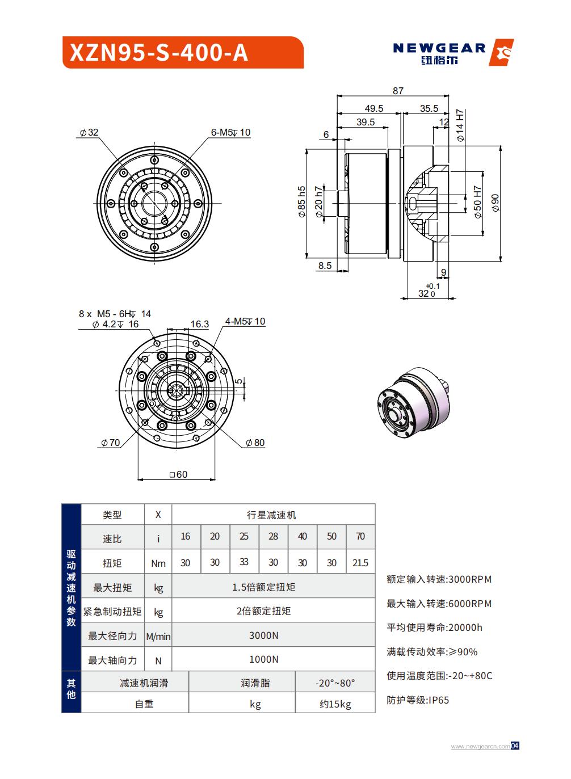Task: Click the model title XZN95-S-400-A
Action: (159, 53)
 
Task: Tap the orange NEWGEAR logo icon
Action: (501, 53)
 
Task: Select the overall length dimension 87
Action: (398, 91)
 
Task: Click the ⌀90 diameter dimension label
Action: (495, 203)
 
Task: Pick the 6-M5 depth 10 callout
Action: (230, 132)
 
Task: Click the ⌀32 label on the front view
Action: (89, 133)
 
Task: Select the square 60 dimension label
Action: (178, 474)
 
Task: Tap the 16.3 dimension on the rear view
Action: (199, 324)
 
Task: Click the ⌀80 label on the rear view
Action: (255, 443)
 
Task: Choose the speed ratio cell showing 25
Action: (244, 536)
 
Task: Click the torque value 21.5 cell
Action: (360, 563)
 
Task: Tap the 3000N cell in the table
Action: (264, 635)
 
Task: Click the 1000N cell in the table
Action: (264, 659)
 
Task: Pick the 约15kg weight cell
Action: (335, 704)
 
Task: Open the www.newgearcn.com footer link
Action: (480, 747)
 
